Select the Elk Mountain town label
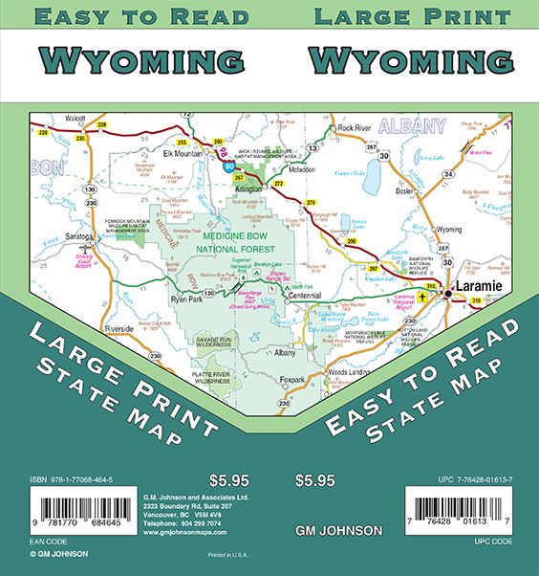pos(184,153)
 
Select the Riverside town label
pos(119,328)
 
